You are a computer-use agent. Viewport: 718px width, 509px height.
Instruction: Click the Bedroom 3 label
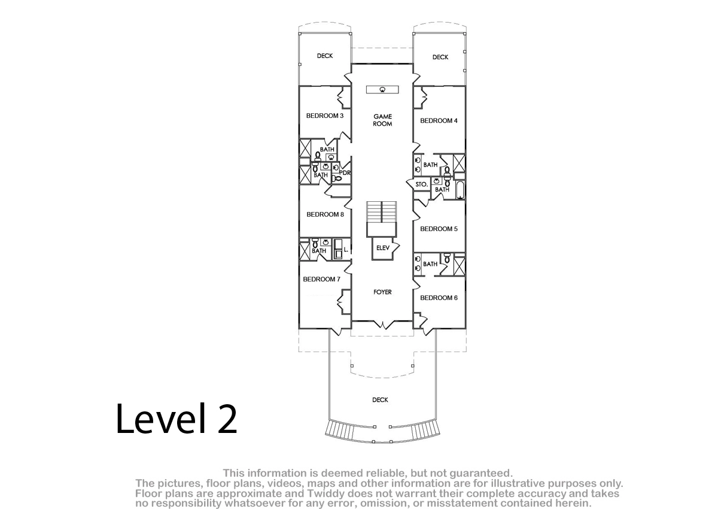[325, 116]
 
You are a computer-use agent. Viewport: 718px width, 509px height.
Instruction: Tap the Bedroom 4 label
[439, 120]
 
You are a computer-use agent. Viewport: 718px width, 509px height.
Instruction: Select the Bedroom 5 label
[439, 229]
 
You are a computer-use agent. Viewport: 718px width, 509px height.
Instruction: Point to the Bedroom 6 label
[439, 298]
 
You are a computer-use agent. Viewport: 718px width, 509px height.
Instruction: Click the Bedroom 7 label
[321, 279]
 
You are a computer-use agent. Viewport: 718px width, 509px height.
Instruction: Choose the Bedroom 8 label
[325, 214]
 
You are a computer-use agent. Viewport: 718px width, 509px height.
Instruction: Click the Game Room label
[382, 120]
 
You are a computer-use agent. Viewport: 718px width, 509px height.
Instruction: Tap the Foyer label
[382, 292]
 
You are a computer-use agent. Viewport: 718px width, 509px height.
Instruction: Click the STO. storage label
[421, 184]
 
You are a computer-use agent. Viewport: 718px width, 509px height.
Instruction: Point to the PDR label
[345, 172]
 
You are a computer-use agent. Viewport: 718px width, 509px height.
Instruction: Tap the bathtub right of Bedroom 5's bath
[460, 190]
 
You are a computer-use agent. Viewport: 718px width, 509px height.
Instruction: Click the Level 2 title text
[177, 419]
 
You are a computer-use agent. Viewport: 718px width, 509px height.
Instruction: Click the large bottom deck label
[380, 399]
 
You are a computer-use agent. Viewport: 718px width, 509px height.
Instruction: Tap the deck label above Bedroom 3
[325, 56]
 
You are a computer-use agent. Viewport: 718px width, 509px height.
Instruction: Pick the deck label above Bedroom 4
[440, 57]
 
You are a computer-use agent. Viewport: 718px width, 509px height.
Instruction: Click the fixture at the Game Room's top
[382, 89]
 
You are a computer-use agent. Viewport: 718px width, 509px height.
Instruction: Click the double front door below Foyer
[383, 324]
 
